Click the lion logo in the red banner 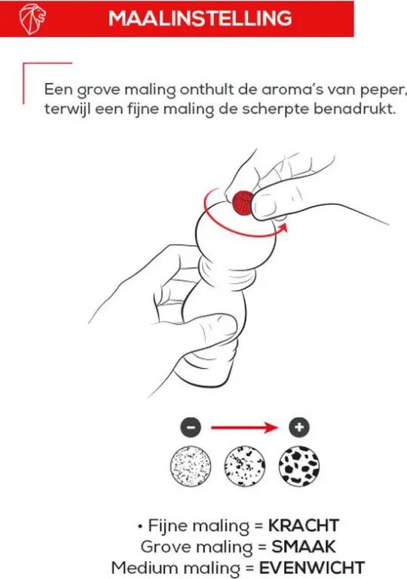[32, 18]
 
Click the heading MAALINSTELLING [200, 18]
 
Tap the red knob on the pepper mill [243, 203]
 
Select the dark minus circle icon [191, 427]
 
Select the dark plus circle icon [299, 427]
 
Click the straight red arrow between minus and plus [244, 428]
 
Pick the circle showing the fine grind [191, 466]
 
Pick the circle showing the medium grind [244, 466]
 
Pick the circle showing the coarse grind [299, 466]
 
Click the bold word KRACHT [303, 525]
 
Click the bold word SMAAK [304, 547]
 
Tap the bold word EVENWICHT [312, 568]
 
